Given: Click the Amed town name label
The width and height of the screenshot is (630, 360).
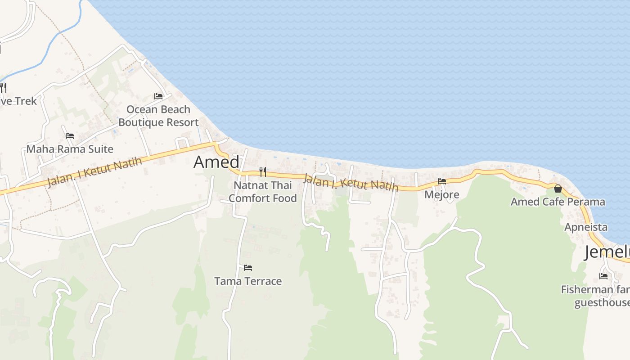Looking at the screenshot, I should (216, 162).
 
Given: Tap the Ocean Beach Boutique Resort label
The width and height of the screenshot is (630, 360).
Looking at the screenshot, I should (158, 116).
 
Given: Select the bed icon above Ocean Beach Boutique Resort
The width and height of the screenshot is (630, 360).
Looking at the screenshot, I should (158, 96).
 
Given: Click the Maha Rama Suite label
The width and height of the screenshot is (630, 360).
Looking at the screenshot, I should (70, 149).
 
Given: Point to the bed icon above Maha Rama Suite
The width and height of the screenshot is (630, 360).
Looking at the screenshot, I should (70, 135).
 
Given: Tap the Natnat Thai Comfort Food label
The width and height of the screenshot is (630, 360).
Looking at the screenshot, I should (263, 192).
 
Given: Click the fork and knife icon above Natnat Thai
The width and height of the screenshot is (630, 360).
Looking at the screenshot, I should (263, 171).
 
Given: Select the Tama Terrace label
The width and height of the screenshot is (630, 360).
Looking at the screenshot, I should (248, 281).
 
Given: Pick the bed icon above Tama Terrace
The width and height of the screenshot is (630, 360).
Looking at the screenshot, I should (248, 267).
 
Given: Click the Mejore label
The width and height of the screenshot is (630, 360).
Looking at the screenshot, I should (442, 194).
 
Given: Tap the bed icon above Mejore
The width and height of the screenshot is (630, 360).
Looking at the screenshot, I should (442, 181).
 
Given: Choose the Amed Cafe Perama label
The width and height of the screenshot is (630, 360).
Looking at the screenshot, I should (558, 202).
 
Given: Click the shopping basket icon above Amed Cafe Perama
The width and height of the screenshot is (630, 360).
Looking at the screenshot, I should (558, 189).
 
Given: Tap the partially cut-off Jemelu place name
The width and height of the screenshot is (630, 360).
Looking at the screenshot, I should (607, 252).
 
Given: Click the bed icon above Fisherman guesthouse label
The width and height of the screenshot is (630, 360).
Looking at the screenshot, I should (603, 276).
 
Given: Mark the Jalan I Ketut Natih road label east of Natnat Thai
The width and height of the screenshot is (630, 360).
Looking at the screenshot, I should (351, 183).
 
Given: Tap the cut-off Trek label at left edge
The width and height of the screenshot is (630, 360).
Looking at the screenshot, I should (18, 101).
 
